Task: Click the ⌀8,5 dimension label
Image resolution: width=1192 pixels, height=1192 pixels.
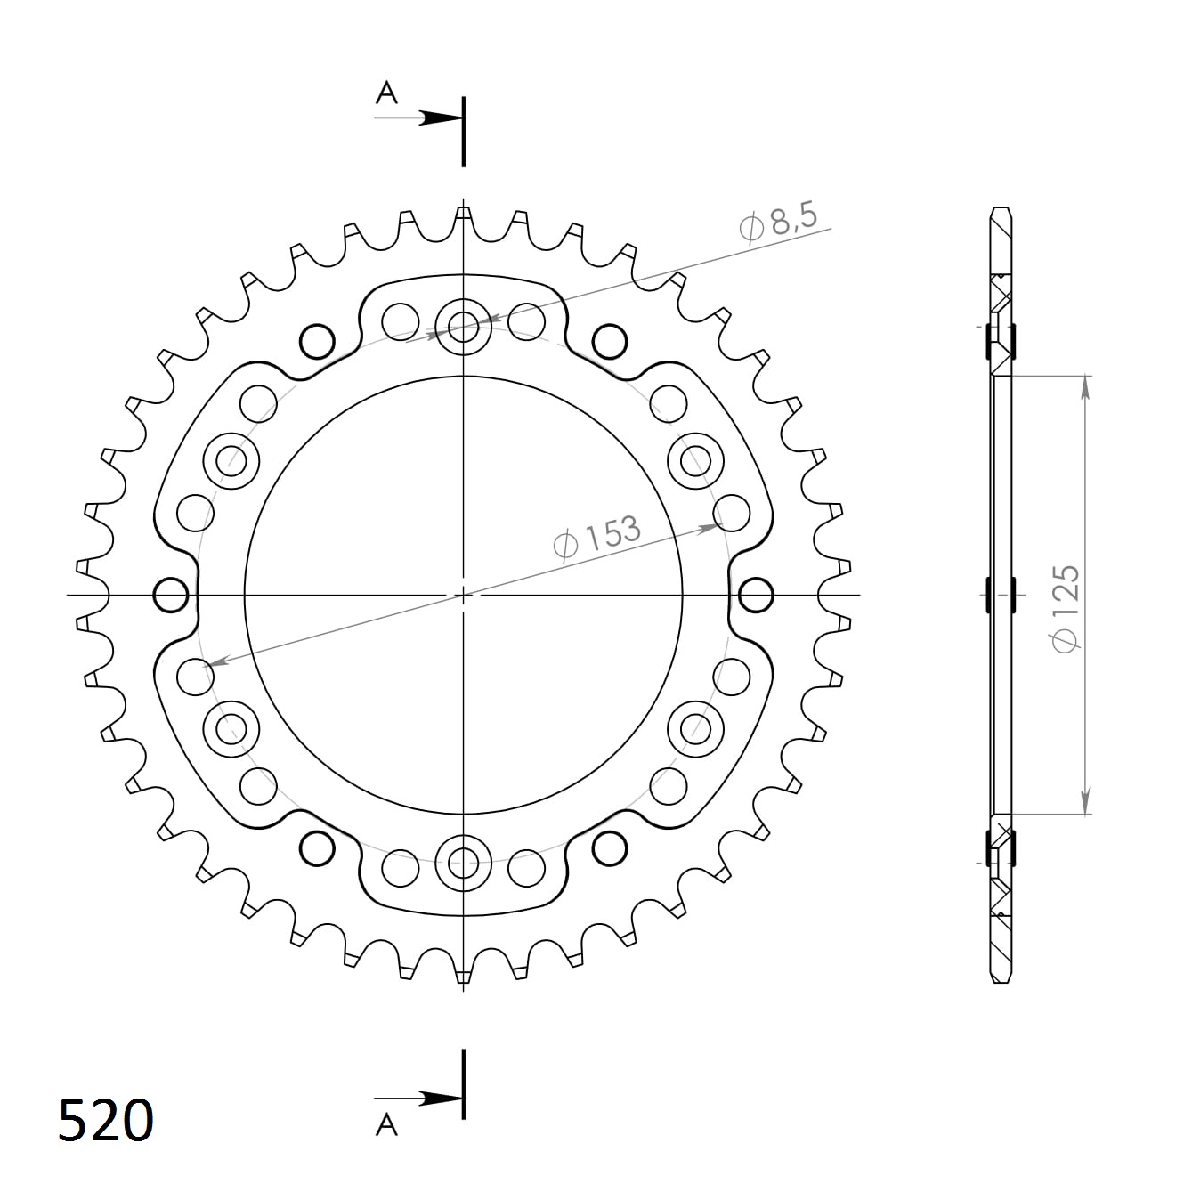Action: click(x=777, y=223)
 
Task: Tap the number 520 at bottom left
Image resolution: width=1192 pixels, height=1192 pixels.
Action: click(x=106, y=1120)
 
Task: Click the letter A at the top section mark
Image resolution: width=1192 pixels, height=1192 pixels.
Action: click(x=385, y=93)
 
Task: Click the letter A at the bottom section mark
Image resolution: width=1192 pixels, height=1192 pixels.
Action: click(x=385, y=1125)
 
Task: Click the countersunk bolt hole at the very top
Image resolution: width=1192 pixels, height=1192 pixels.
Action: click(x=463, y=326)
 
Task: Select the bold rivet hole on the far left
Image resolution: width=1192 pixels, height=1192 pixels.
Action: click(x=171, y=594)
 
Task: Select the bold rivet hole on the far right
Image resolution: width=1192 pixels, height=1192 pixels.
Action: click(x=756, y=594)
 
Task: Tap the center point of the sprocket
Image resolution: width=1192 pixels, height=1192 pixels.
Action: click(x=463, y=594)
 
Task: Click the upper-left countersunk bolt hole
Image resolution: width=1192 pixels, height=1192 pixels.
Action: click(x=231, y=461)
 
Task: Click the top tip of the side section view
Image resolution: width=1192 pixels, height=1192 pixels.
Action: click(x=1001, y=210)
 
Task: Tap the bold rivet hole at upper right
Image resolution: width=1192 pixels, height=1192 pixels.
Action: click(x=609, y=339)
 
